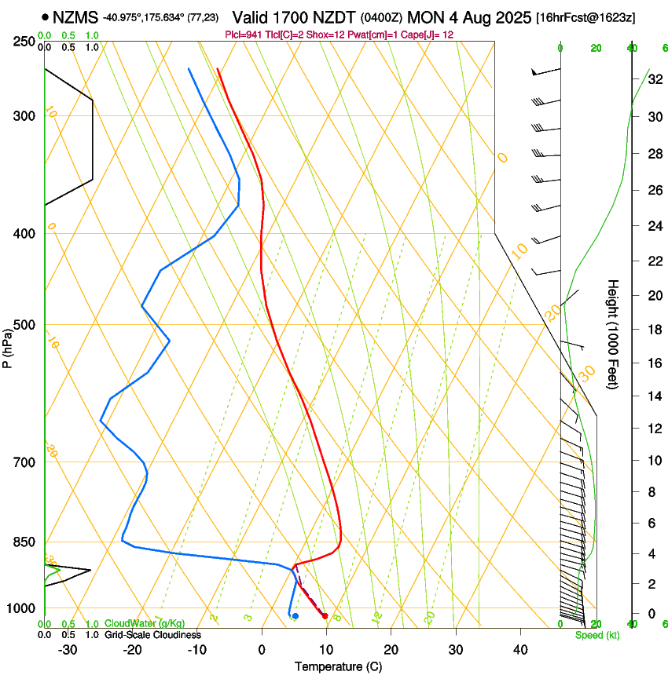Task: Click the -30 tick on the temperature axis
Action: (68, 649)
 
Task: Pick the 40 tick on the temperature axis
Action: (519, 649)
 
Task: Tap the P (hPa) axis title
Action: (8, 347)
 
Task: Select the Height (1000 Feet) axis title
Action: (613, 334)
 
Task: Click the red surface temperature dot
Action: (325, 616)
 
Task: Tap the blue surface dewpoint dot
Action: (295, 616)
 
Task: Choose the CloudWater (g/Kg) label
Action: (145, 623)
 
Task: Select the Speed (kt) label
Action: (596, 635)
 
